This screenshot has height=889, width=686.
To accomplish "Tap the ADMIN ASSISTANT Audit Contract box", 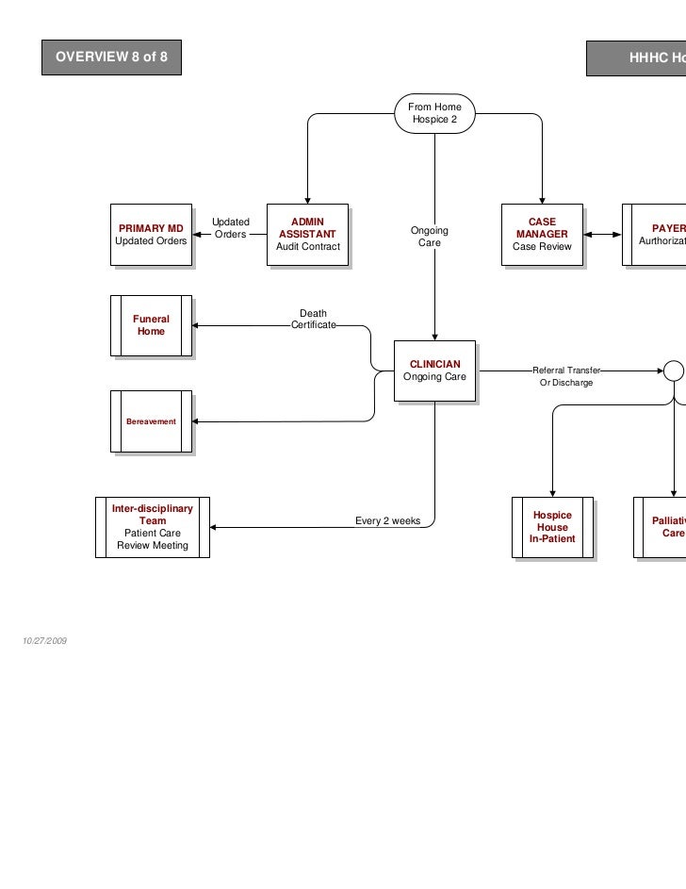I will tap(307, 235).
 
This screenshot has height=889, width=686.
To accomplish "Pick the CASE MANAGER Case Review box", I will tap(542, 235).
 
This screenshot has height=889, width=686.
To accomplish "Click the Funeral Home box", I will tap(151, 326).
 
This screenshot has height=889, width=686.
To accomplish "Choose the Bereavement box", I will tap(151, 421).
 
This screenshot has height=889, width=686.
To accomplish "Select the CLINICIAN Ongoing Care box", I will tap(434, 371).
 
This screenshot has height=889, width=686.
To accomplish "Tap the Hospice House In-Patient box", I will tap(552, 528).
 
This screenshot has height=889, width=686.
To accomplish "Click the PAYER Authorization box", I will tap(660, 235).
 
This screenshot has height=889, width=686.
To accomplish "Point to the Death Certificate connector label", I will tap(313, 320).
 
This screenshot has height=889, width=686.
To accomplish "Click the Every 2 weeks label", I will tap(387, 521).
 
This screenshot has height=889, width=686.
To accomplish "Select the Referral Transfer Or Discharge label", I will tap(566, 377).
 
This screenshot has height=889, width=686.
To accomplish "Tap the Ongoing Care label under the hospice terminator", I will tap(430, 237).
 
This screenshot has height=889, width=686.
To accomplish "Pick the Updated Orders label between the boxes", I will tap(230, 228).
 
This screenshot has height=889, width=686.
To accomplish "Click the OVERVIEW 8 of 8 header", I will tap(111, 58).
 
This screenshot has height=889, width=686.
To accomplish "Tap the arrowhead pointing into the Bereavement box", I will tap(197, 421).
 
